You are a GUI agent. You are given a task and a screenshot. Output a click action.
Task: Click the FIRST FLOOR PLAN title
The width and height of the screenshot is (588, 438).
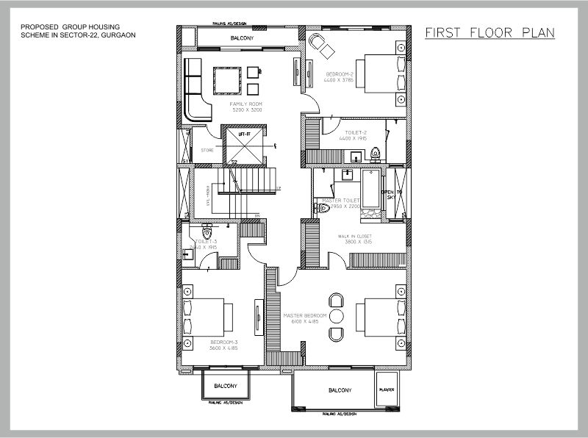tap(490, 33)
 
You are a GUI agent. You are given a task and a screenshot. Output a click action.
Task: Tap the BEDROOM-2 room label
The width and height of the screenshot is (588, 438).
tap(340, 74)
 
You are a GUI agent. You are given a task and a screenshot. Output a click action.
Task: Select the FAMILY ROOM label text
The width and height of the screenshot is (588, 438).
tap(246, 105)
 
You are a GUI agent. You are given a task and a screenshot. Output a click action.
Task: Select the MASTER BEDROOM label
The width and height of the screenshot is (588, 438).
tap(305, 315)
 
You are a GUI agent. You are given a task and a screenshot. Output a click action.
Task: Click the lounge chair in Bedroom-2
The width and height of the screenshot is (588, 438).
tap(320, 43)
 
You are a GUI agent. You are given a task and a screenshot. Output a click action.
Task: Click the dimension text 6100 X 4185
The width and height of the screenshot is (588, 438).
tap(305, 321)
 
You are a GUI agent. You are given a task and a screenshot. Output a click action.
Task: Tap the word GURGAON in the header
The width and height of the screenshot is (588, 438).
tap(120, 35)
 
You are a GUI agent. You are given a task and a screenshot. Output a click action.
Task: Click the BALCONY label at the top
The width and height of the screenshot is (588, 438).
tap(243, 37)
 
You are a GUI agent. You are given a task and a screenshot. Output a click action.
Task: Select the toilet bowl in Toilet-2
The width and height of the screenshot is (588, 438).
tap(376, 154)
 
